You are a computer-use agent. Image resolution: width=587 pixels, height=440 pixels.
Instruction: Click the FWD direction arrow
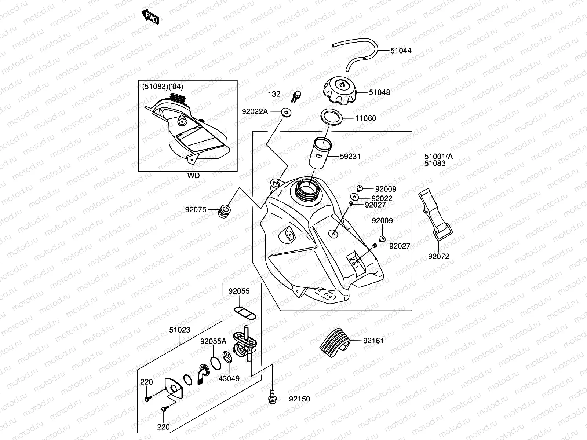[150, 16]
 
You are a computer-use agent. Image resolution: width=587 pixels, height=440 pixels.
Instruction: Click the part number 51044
[401, 51]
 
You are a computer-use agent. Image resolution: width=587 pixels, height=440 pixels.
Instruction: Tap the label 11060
[365, 118]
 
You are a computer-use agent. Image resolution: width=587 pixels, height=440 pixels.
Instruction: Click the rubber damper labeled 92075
[224, 211]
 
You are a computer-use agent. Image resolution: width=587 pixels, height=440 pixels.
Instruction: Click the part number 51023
[180, 330]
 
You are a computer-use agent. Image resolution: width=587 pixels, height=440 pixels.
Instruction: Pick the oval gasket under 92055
[245, 312]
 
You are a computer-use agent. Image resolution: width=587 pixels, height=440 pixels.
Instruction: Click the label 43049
[229, 378]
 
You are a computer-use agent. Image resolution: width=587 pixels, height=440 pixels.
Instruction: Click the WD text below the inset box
[193, 176]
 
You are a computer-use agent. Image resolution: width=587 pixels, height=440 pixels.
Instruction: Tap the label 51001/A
[438, 157]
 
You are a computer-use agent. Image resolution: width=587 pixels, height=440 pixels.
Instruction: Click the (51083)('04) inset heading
[162, 87]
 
